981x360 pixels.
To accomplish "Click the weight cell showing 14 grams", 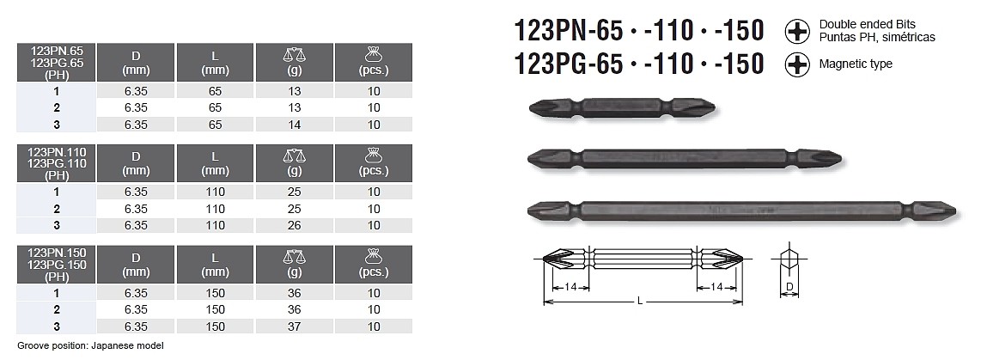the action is pos(294,125).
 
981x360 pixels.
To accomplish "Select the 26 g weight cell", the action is pos(294,225).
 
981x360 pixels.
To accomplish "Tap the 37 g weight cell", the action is pos(294,326).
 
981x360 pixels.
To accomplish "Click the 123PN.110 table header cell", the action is pos(57,163).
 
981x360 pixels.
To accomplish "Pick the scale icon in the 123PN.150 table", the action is pos(294,257).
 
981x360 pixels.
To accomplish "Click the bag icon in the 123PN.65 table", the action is pos(374,55).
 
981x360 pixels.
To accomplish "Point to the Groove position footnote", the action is pos(91,345).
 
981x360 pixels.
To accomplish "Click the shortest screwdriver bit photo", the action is pos(622,107).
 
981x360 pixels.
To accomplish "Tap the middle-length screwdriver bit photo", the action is pos(685,158).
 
